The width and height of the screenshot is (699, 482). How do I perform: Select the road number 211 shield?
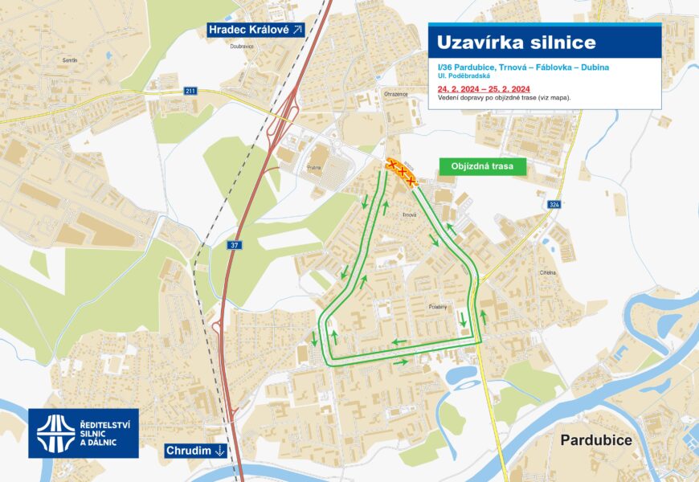(x=190, y=91)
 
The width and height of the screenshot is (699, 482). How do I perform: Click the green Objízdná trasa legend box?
(x=482, y=167)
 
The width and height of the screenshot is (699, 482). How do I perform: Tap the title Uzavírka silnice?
(x=517, y=43)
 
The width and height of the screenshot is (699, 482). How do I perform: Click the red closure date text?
(x=484, y=88)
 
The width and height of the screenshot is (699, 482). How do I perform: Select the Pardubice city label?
(x=596, y=440)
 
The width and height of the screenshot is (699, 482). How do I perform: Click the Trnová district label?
(x=410, y=214)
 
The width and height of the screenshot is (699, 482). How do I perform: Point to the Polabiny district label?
(x=438, y=307)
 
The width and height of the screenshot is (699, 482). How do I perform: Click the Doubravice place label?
(x=242, y=47)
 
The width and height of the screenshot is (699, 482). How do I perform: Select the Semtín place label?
(x=69, y=60)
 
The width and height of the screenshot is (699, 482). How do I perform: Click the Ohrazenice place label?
(x=396, y=94)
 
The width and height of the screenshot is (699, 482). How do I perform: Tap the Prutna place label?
(x=313, y=168)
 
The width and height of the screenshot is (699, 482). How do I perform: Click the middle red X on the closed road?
(x=402, y=173)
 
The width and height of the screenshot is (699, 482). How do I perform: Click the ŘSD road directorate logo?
(x=83, y=433)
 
